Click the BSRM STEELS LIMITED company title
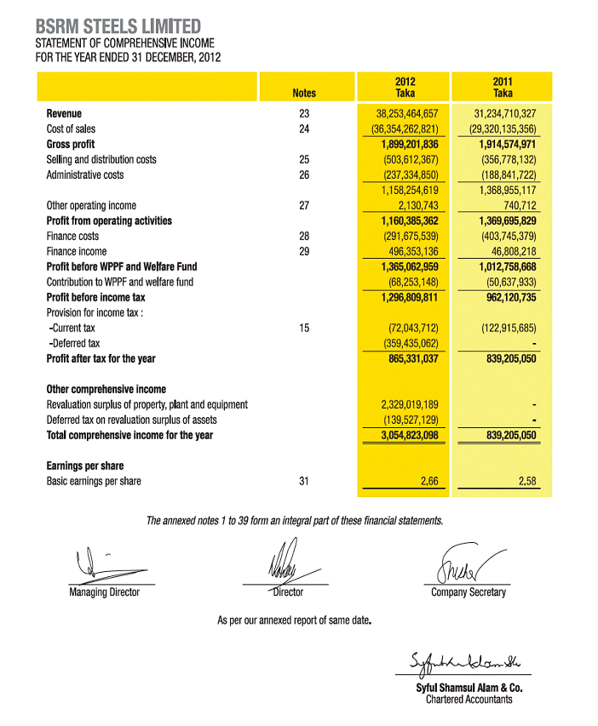tap(118, 26)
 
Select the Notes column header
tap(303, 93)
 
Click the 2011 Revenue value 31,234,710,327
tap(504, 113)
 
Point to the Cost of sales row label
tap(72, 129)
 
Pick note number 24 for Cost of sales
tap(304, 129)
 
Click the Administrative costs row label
tap(84, 174)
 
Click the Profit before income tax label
tap(95, 297)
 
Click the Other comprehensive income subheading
tap(106, 389)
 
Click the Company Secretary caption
tap(468, 592)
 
